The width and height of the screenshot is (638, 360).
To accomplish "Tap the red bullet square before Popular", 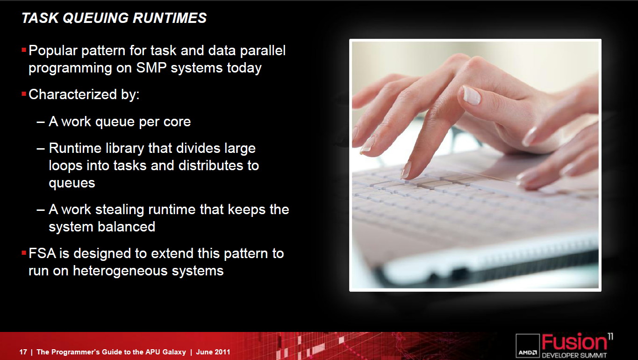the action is [24, 50].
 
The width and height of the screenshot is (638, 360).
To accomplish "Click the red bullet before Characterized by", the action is [24, 94].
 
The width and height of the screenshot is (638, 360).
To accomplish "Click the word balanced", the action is [127, 227].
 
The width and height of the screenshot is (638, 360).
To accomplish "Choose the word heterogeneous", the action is [121, 271].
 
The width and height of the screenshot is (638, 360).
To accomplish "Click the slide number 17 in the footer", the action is [23, 352].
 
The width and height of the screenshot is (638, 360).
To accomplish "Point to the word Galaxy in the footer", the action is [174, 352].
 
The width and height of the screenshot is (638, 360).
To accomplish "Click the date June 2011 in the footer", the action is [213, 352].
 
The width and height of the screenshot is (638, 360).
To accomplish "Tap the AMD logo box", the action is [528, 346].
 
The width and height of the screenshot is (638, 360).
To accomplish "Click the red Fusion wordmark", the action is [574, 342].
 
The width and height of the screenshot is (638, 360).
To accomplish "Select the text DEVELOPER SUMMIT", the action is [574, 355].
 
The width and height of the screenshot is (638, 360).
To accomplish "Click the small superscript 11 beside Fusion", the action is [610, 336].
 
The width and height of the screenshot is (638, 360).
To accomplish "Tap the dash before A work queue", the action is [41, 122].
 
